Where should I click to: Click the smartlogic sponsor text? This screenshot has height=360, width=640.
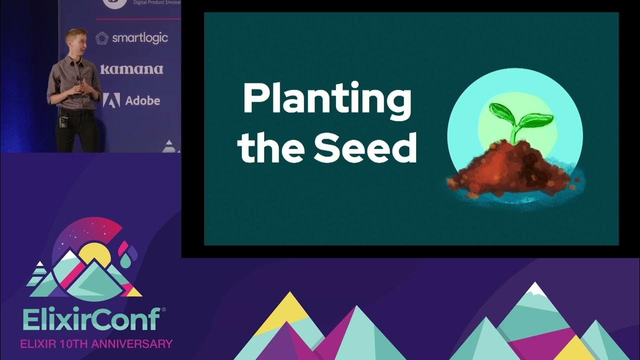pos(139,38)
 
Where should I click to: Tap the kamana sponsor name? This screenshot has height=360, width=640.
pos(131,69)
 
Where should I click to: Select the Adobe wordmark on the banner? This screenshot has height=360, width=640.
pos(142,100)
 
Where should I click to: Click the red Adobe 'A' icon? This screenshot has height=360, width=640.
pos(111,100)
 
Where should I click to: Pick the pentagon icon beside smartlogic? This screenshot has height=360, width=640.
pos(102,38)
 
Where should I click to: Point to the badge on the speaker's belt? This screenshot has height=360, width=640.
pos(63,122)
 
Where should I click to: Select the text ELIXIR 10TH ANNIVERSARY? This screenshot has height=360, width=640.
pos(95,344)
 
